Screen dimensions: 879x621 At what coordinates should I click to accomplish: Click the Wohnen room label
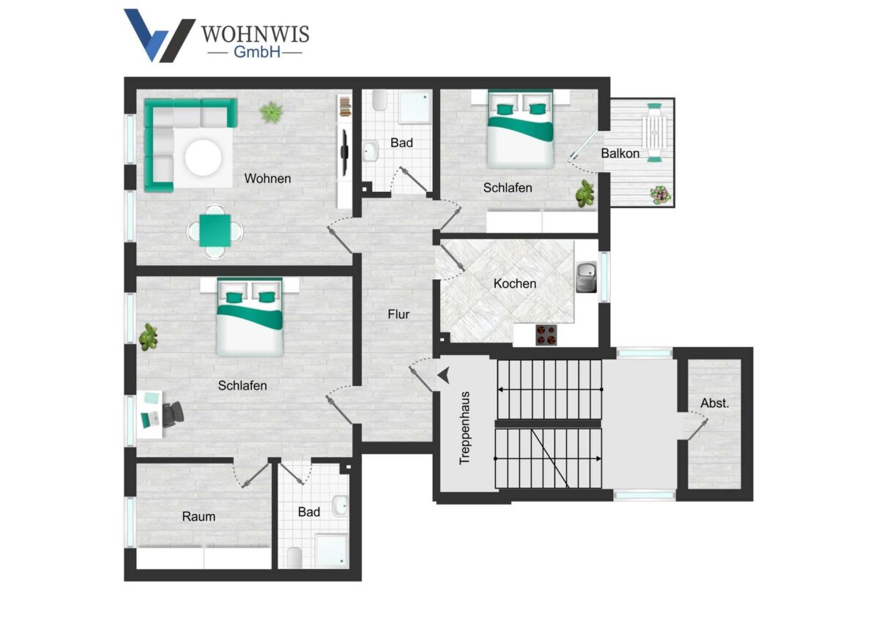(x=267, y=179)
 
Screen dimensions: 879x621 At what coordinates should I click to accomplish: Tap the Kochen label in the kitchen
(x=515, y=283)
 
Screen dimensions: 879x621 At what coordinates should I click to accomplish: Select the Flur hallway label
(x=398, y=314)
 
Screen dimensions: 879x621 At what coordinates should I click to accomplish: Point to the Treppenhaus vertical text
(x=464, y=428)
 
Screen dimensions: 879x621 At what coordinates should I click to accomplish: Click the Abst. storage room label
(x=715, y=403)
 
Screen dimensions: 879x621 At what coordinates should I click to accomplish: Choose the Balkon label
(x=620, y=153)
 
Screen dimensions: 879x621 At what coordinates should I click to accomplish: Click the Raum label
(x=199, y=516)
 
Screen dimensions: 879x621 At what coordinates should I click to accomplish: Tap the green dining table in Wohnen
(x=215, y=231)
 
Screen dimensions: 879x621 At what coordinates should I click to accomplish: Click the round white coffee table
(x=204, y=157)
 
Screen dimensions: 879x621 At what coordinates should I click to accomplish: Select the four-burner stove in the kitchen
(x=546, y=335)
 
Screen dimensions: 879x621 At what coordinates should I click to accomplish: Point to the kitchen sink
(x=586, y=278)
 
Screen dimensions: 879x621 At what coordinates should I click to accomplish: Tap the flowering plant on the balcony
(x=661, y=195)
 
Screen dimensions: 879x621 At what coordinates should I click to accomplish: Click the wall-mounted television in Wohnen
(x=344, y=152)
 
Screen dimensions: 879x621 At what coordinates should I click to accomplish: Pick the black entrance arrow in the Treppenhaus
(x=444, y=376)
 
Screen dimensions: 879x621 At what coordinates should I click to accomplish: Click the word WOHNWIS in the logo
(x=256, y=34)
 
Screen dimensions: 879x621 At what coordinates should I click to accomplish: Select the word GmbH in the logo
(x=257, y=52)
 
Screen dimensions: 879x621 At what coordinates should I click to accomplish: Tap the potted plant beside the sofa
(x=271, y=112)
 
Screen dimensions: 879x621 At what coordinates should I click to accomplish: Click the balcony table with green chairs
(x=654, y=133)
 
